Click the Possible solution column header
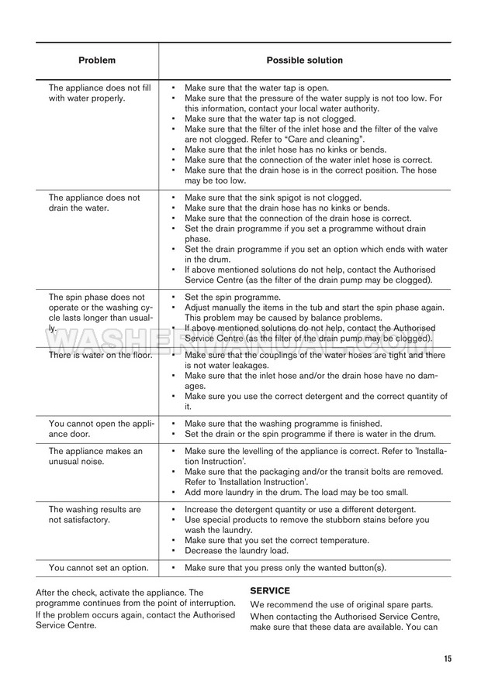click(304, 60)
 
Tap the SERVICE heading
click(270, 590)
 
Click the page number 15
click(448, 659)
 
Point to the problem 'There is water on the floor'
click(100, 355)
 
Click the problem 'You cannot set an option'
click(99, 568)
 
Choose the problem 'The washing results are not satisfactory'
click(95, 514)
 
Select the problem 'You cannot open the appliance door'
click(102, 428)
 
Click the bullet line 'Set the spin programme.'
click(233, 297)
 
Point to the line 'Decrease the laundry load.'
click(237, 551)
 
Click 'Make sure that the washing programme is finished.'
click(283, 424)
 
